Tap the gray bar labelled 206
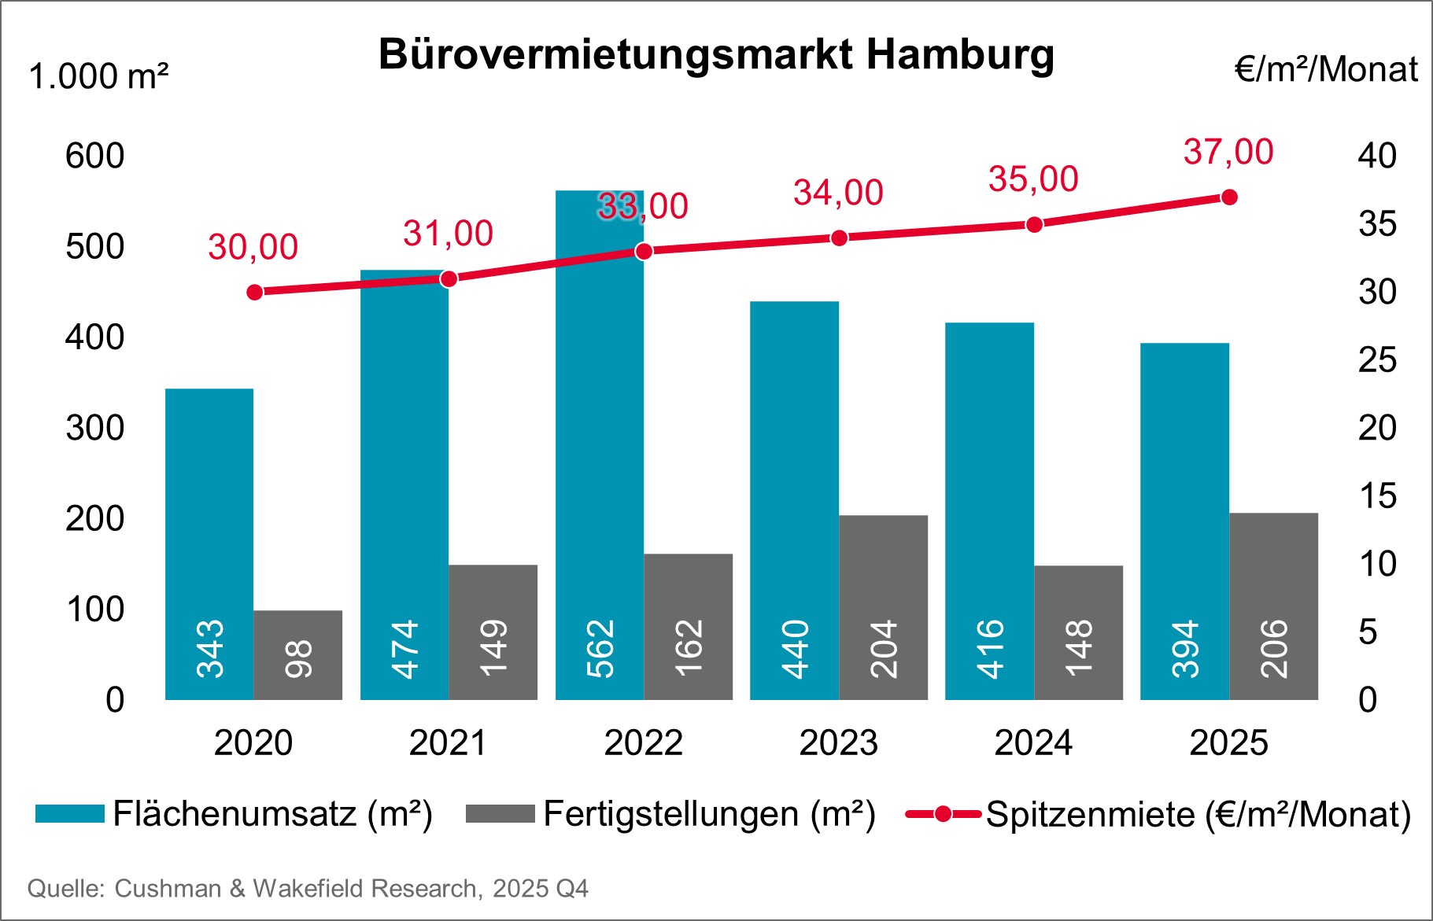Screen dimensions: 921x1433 [1273, 606]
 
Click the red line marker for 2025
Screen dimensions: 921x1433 [1228, 197]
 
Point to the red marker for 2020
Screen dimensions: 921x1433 [254, 293]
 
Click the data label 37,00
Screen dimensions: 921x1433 [1228, 152]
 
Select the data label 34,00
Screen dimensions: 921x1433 [838, 193]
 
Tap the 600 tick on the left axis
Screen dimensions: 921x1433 [94, 156]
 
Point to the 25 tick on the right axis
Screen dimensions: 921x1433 [1376, 360]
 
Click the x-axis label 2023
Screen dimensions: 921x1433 [838, 742]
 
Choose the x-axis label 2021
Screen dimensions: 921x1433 [448, 742]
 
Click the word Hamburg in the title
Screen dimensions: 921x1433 [960, 55]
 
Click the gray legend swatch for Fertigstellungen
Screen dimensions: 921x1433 [500, 814]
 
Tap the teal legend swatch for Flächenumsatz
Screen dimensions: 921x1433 [69, 814]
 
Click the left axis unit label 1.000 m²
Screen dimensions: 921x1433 [98, 77]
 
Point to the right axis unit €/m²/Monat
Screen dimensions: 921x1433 [1326, 69]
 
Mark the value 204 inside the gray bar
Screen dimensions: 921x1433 [883, 649]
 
